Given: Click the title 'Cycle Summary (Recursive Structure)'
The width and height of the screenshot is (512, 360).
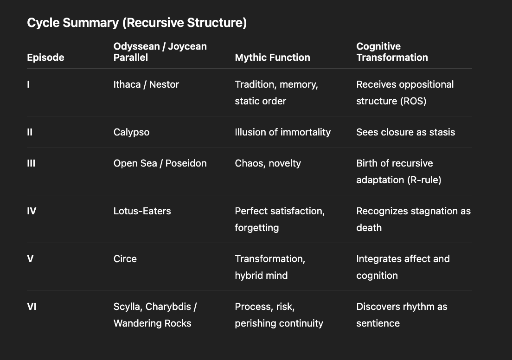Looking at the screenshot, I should pos(137,23).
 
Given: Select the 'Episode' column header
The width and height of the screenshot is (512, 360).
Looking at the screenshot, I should pos(45,58).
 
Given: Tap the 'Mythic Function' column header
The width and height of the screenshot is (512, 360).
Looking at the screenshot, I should pos(272,58).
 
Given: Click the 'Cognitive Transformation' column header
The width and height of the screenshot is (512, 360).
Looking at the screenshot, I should pos(392,52).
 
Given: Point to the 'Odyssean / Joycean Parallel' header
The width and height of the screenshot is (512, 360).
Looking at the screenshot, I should pos(160,52).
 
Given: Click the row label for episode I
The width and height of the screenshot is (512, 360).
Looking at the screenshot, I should pos(29,84).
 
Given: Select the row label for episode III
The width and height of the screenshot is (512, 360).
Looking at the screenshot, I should pos(31,163).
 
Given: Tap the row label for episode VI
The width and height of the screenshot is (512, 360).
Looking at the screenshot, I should pos(32,307).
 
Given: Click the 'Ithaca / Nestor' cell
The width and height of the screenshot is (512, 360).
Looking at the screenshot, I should pos(146,84).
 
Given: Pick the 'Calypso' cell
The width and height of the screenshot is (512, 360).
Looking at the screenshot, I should pos(131,132).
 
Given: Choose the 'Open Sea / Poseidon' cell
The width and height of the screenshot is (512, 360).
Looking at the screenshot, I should pos(160,163).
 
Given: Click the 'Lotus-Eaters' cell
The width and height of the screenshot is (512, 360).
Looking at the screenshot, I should pos(142,211).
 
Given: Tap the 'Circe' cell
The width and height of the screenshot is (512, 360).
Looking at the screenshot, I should pos(125,259).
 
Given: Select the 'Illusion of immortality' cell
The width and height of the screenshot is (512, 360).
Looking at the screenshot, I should pos(282,132).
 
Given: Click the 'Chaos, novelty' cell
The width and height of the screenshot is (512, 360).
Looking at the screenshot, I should pos(268,163).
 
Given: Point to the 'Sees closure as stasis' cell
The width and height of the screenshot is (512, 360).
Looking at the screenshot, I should pos(405,132).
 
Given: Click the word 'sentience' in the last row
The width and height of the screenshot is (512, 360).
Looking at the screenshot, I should pos(378,323).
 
